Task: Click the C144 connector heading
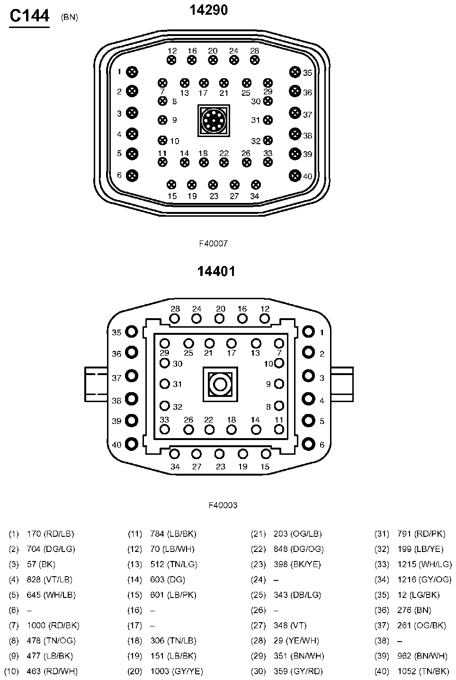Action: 29,16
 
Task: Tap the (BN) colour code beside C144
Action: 70,18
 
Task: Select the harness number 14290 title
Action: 209,9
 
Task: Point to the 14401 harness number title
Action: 216,271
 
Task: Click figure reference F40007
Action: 213,243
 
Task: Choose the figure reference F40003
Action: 223,505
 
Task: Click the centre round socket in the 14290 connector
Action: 214,121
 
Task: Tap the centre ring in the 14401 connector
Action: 220,384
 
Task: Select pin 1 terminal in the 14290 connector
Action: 132,72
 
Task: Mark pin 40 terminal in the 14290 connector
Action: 295,175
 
